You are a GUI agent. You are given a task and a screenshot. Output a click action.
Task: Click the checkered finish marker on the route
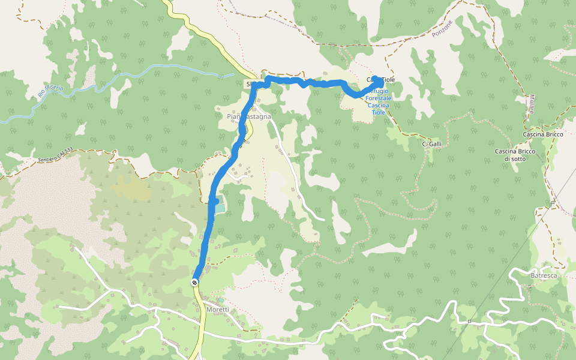pos(195,282)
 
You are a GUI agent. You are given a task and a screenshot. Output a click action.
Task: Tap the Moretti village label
pos(218,309)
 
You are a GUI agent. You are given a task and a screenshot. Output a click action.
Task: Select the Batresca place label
pos(544,275)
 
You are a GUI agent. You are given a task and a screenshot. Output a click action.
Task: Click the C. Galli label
pos(432,144)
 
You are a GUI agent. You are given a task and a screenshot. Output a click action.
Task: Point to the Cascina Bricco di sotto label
pos(515,155)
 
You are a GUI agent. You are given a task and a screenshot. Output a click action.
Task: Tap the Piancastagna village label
pos(250,116)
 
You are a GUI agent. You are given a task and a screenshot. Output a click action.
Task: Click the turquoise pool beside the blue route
pos(219,208)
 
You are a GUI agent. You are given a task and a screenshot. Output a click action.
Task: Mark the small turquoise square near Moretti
pos(220,300)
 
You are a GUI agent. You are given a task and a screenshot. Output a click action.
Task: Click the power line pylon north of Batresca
pos(553,203)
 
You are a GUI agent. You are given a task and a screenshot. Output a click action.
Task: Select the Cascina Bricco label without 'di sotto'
pos(543,134)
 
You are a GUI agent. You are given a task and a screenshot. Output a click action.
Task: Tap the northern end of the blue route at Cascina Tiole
pos(376,78)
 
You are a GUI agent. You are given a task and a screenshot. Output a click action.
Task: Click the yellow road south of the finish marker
pos(200,324)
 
